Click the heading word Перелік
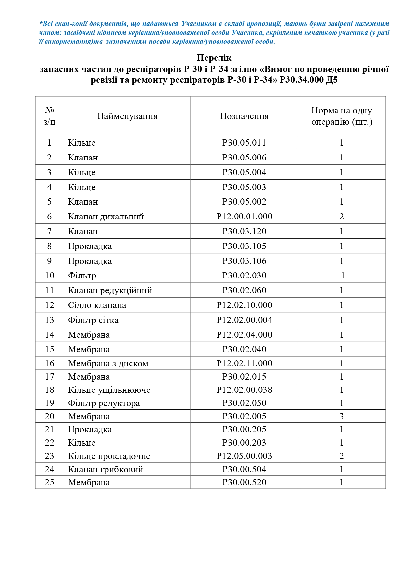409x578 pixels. click(x=214, y=58)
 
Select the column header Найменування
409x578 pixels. click(x=127, y=116)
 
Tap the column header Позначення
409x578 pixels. click(x=244, y=116)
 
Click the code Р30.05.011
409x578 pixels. click(x=244, y=143)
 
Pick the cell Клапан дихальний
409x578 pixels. click(x=106, y=217)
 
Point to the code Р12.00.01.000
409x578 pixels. click(x=244, y=217)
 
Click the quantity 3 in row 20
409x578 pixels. click(x=342, y=416)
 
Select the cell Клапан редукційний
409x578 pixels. click(x=110, y=290)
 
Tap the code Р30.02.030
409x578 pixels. click(x=244, y=275)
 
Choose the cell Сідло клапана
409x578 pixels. click(x=97, y=305)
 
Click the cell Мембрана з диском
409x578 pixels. click(x=108, y=363)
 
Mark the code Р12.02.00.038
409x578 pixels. click(x=244, y=390)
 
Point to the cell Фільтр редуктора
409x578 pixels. click(x=104, y=403)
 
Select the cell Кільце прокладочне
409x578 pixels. click(x=109, y=456)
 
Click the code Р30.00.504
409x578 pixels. click(x=244, y=469)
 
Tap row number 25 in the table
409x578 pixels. click(x=49, y=482)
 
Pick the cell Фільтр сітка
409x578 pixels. click(x=93, y=320)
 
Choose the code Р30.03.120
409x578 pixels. click(x=244, y=231)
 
